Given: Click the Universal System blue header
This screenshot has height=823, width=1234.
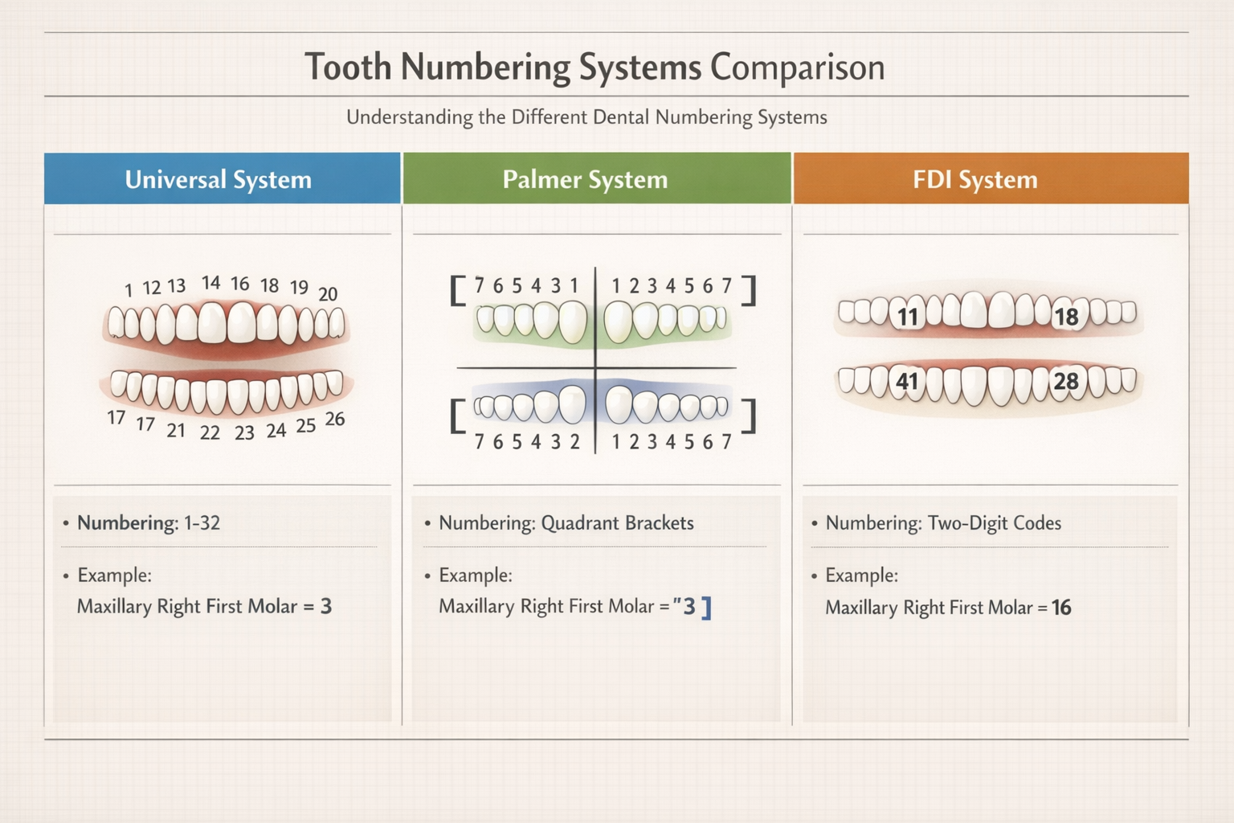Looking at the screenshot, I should pyautogui.click(x=219, y=179).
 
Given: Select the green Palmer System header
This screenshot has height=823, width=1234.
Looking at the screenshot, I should pyautogui.click(x=585, y=179).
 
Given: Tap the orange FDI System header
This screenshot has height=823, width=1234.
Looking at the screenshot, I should pyautogui.click(x=975, y=179).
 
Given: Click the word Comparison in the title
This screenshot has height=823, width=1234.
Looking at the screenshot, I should pyautogui.click(x=797, y=67).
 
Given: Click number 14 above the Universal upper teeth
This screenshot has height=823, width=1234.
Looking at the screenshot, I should pyautogui.click(x=211, y=283).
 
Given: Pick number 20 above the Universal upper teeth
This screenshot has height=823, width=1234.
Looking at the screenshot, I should pyautogui.click(x=328, y=294).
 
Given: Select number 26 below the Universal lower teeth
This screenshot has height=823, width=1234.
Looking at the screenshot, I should pyautogui.click(x=335, y=420).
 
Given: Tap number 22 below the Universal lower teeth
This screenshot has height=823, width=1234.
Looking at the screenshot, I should pyautogui.click(x=210, y=433).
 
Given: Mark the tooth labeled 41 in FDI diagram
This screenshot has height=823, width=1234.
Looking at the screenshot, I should pyautogui.click(x=908, y=381).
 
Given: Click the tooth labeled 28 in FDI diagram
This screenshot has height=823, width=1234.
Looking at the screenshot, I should pyautogui.click(x=1066, y=381).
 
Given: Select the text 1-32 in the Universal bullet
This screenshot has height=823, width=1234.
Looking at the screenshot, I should pyautogui.click(x=202, y=523).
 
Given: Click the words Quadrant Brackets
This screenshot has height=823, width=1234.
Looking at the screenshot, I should pyautogui.click(x=617, y=523).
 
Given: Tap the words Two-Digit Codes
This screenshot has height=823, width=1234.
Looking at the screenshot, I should pyautogui.click(x=994, y=523).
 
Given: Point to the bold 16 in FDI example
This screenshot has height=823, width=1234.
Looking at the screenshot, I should pyautogui.click(x=1061, y=608).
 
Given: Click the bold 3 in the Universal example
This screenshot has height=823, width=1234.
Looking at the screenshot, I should pyautogui.click(x=326, y=606).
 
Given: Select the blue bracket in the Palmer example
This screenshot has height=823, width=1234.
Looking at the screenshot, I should pyautogui.click(x=706, y=608).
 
